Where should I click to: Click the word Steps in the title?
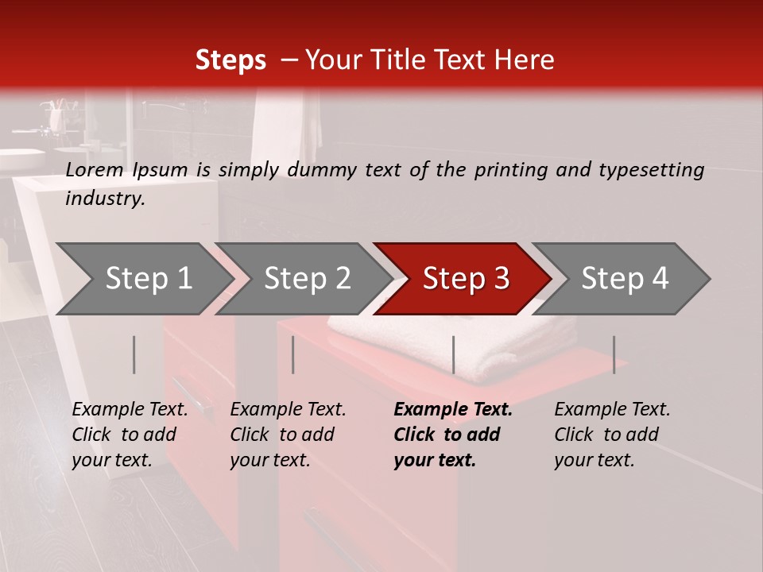230,60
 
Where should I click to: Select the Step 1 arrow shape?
143,279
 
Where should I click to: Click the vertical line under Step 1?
134,354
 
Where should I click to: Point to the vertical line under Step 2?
293,354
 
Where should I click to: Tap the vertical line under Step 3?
453,354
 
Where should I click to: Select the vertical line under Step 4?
614,354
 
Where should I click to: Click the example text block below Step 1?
130,435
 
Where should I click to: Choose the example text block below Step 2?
288,435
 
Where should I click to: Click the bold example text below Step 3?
453,435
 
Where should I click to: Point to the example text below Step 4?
612,435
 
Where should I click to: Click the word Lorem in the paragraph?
95,170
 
